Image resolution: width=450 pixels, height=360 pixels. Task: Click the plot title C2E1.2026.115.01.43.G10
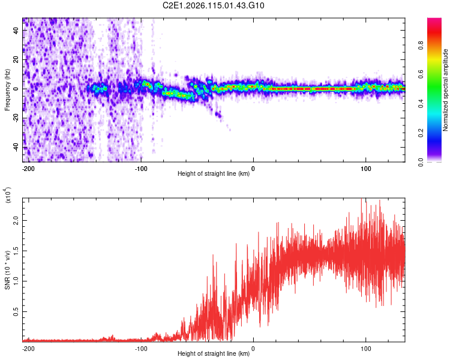coord(214,6)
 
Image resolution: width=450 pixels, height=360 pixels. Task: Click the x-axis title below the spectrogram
coord(214,174)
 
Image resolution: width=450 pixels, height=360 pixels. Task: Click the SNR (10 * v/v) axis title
coord(7,268)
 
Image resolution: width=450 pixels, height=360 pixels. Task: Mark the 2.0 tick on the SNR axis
coord(15,220)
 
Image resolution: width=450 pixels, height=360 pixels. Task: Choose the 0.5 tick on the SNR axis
coord(15,312)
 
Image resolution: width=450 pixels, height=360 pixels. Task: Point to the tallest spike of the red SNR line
coord(361,200)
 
